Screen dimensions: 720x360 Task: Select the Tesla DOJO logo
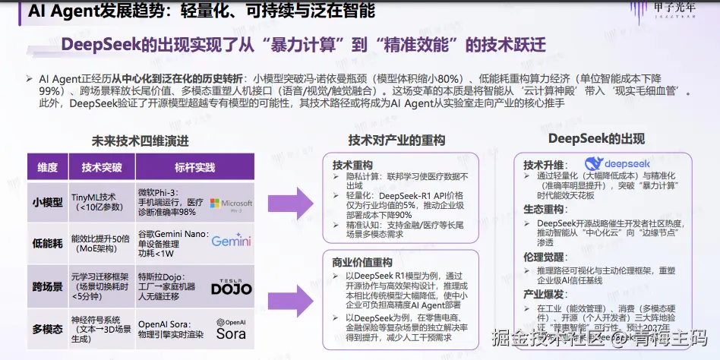231,285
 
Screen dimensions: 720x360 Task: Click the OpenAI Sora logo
231,330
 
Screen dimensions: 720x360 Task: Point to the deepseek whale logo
617,163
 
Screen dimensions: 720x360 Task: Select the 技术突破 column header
101,167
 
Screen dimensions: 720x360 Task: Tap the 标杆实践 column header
194,167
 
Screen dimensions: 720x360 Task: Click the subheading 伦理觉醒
543,257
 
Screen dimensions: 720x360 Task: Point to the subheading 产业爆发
543,292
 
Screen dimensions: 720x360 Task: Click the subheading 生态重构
543,208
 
